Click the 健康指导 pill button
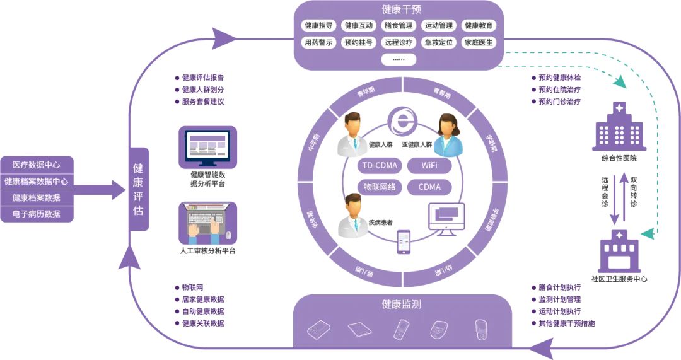pyautogui.click(x=318, y=26)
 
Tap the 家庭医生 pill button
pyautogui.click(x=479, y=43)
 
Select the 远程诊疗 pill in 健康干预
pyautogui.click(x=399, y=43)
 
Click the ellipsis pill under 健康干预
pyautogui.click(x=399, y=59)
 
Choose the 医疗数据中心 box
pyautogui.click(x=37, y=165)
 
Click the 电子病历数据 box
pyautogui.click(x=37, y=214)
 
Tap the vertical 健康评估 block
pyautogui.click(x=138, y=189)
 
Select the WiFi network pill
pyautogui.click(x=429, y=166)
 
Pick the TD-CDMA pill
pyautogui.click(x=378, y=166)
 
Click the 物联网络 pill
pyautogui.click(x=378, y=187)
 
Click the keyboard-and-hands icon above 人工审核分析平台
pyautogui.click(x=207, y=223)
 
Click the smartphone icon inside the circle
pyautogui.click(x=404, y=242)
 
